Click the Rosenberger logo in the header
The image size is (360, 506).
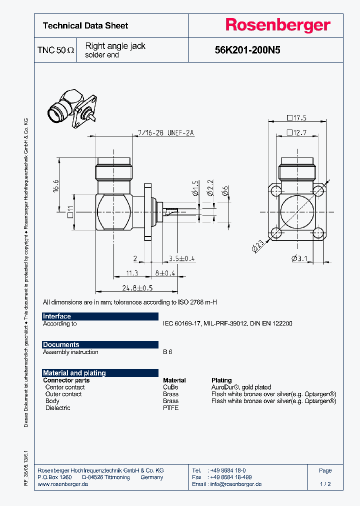point(277,25)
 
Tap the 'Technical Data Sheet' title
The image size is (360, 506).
point(85,25)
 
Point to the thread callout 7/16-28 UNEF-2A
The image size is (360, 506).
point(165,132)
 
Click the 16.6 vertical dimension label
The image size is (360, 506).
point(56,186)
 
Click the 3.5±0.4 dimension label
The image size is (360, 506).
point(182,258)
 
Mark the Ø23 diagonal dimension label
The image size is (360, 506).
point(257,246)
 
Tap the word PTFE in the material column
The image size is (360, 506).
point(170,408)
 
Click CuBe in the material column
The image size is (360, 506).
point(170,387)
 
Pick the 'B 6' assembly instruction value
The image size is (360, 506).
point(167,352)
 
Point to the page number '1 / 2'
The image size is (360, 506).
point(325,484)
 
